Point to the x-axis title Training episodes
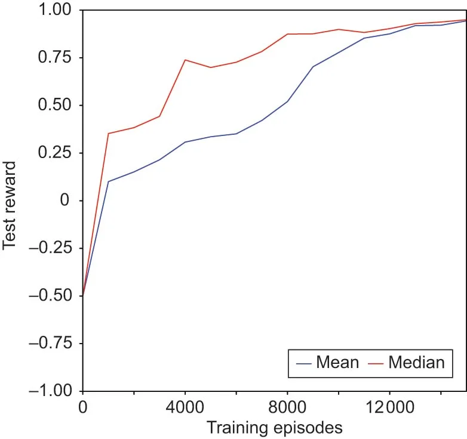pyautogui.click(x=274, y=428)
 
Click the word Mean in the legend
pyautogui.click(x=337, y=362)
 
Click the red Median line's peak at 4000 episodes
pyautogui.click(x=185, y=60)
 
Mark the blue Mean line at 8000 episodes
pyautogui.click(x=287, y=101)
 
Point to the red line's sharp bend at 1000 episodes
pyautogui.click(x=108, y=133)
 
